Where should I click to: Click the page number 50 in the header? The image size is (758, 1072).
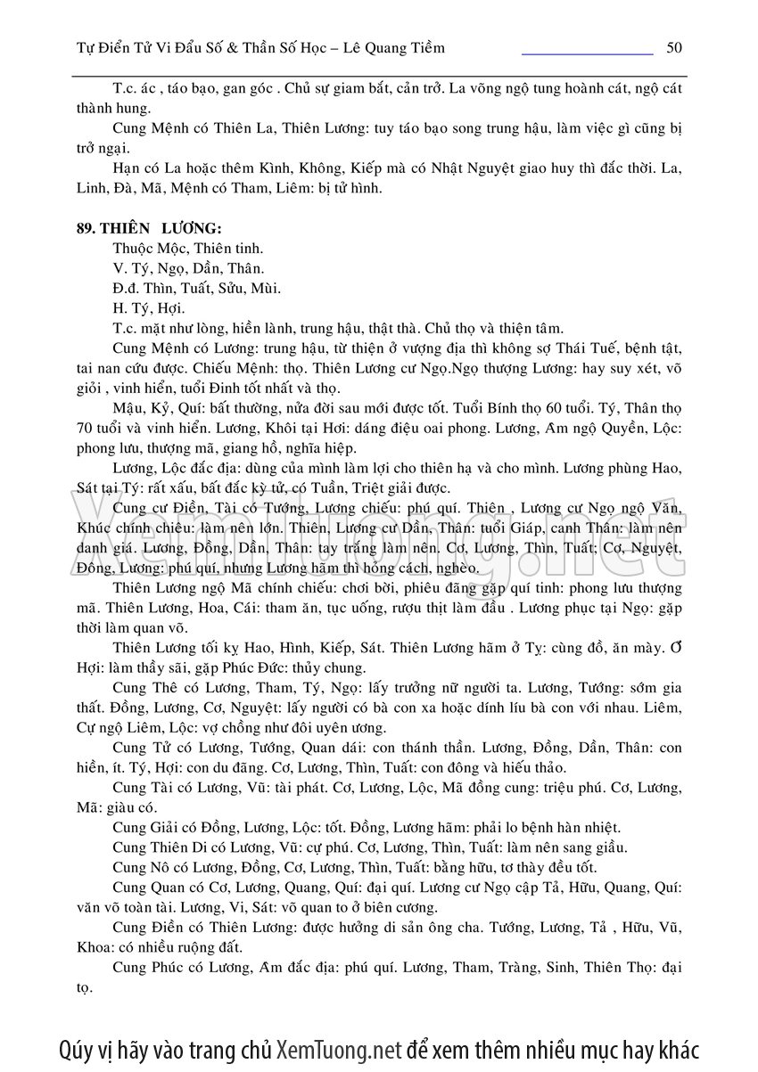tap(674, 47)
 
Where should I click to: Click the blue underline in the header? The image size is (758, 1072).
tap(587, 54)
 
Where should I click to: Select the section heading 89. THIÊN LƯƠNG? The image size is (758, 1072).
tap(143, 227)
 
